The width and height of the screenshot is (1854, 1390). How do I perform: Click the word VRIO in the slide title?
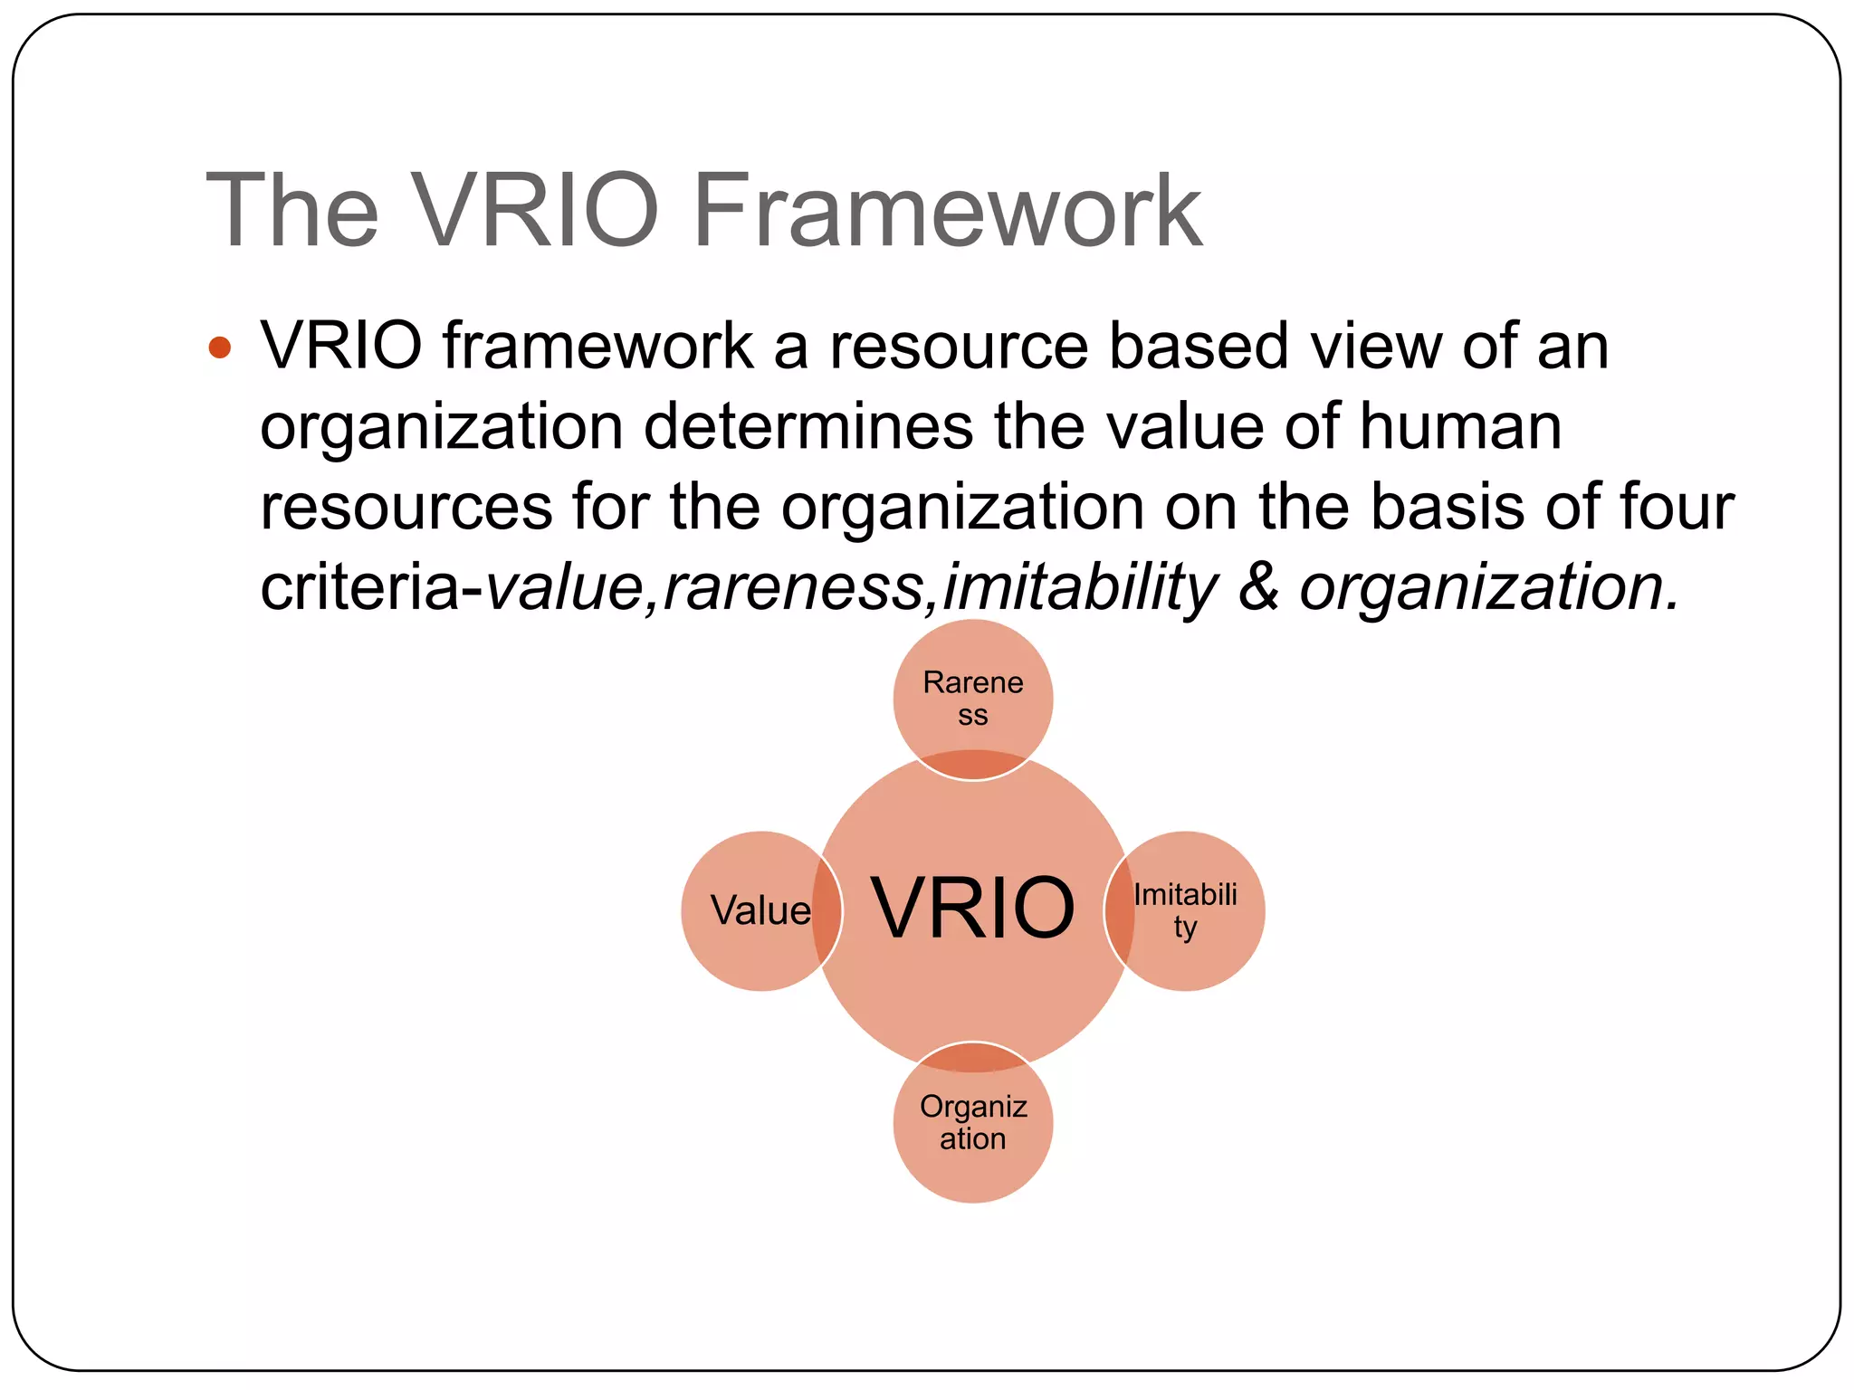coord(535,212)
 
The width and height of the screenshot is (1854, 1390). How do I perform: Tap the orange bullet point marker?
coord(219,347)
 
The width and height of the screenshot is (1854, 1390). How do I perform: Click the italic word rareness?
coord(793,588)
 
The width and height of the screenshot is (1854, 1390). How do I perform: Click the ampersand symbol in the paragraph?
coord(1258,588)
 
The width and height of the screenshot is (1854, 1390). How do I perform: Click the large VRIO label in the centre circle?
coord(973,909)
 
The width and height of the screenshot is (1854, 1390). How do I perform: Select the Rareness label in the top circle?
coord(973,698)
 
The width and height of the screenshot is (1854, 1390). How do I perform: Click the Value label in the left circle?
coord(760,911)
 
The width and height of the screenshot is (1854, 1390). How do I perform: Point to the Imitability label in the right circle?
coord(1185,910)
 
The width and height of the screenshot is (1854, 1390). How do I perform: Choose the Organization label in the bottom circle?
coord(973,1122)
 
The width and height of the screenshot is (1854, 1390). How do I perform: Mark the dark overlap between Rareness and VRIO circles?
coord(973,766)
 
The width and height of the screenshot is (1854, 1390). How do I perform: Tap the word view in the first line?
coord(1375,347)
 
